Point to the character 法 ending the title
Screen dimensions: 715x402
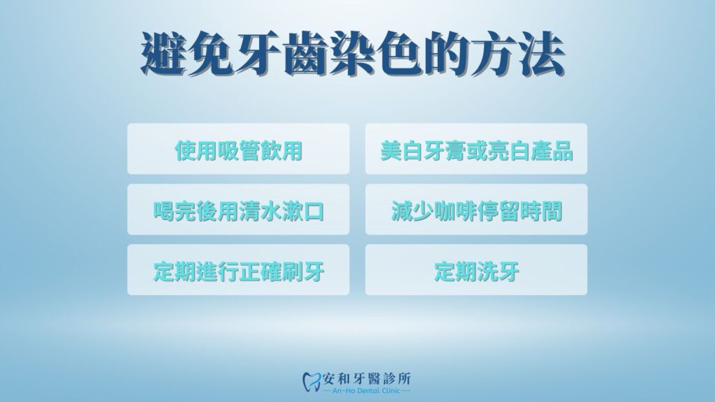(542, 53)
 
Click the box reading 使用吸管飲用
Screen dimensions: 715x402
(239, 149)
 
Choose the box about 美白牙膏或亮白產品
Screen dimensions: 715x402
(476, 149)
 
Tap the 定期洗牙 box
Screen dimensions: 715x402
(476, 269)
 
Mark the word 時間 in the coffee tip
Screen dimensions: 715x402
(541, 211)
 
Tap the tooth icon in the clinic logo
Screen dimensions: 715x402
(312, 381)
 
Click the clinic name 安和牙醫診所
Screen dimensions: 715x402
(367, 378)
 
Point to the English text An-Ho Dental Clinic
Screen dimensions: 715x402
(366, 391)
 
